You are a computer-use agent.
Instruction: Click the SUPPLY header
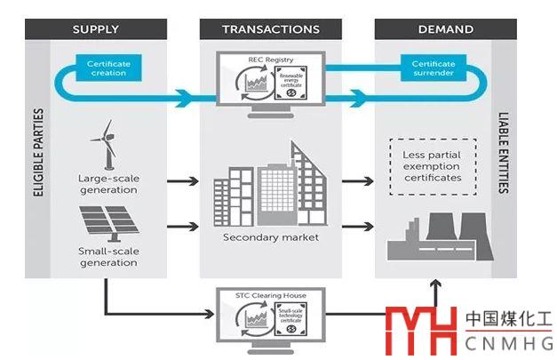pyautogui.click(x=95, y=29)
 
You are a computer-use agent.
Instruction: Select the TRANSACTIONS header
pyautogui.click(x=271, y=29)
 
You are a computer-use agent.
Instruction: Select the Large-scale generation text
pyautogui.click(x=108, y=184)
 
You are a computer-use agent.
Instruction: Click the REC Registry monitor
pyautogui.click(x=271, y=84)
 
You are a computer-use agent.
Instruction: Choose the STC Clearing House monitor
pyautogui.click(x=271, y=316)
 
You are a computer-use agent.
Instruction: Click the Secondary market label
pyautogui.click(x=271, y=238)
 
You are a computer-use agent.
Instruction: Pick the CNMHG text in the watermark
pyautogui.click(x=509, y=341)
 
